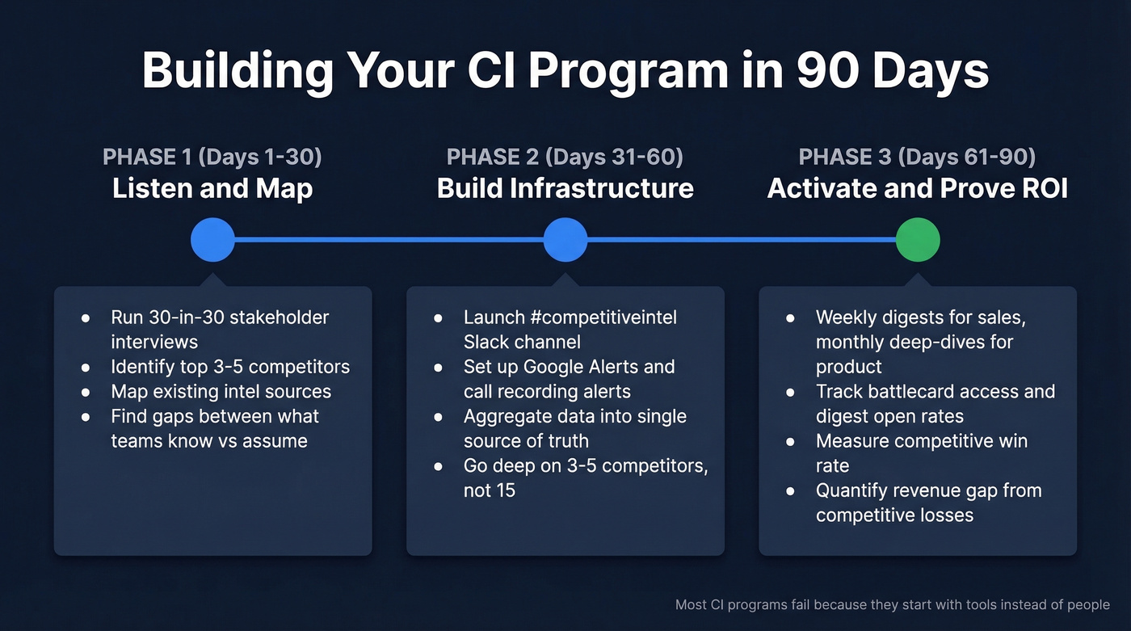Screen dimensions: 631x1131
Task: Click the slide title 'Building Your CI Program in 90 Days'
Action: (565, 71)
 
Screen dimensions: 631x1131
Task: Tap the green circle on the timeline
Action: (918, 240)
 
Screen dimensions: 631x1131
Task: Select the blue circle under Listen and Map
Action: (212, 240)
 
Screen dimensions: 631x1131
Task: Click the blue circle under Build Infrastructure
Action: (565, 240)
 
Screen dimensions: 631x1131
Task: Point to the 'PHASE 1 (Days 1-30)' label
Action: (212, 157)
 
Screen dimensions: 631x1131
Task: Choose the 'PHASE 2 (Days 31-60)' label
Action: (565, 157)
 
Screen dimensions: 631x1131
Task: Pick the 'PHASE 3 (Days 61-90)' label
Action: (917, 157)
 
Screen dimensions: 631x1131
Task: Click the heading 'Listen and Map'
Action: (212, 189)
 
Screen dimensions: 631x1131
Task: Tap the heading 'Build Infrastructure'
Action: (565, 189)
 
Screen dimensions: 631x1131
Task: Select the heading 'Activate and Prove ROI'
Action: (917, 189)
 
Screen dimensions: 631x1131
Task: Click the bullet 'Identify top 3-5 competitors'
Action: (230, 367)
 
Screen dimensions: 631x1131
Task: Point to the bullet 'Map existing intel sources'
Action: (221, 392)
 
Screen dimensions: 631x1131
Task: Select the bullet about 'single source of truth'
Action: (574, 428)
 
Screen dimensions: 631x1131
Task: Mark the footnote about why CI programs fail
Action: (892, 604)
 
